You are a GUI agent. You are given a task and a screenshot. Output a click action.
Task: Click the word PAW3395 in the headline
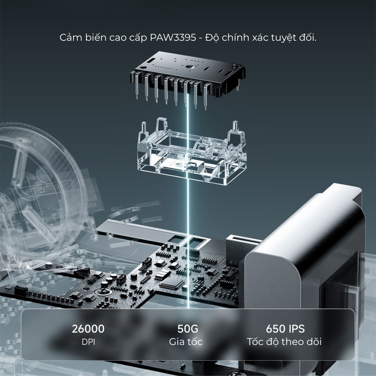pos(173,38)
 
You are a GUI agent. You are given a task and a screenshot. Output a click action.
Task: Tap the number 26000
pos(88,329)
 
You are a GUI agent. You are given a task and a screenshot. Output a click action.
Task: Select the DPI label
pos(88,342)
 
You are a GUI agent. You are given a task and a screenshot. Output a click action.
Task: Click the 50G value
pos(188,329)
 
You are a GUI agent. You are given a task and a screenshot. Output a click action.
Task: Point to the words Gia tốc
pos(186,342)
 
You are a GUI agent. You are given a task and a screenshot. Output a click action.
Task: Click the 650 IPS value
pos(285,329)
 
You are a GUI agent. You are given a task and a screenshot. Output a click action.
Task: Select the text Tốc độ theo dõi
pos(284,342)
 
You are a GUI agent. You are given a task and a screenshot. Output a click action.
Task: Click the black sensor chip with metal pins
pos(188,79)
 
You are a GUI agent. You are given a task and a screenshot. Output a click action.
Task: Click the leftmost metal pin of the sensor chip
pos(136,86)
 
